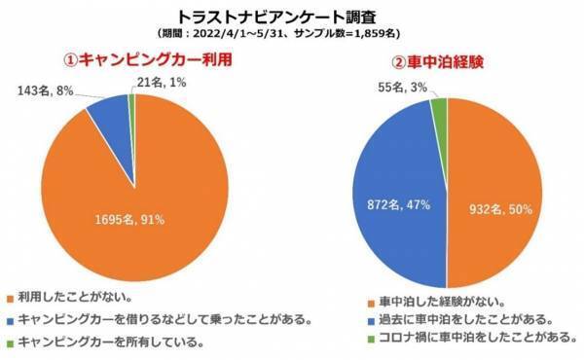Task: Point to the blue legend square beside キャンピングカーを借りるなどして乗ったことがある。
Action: coord(9,318)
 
